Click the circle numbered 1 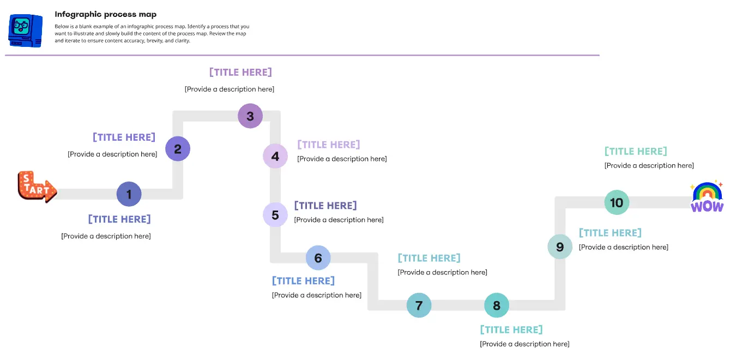[129, 194]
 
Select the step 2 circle [178, 148]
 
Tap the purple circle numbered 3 [250, 116]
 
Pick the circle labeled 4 [275, 157]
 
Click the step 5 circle [275, 215]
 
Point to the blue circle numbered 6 [318, 258]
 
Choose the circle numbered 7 [419, 305]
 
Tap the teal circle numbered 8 [497, 305]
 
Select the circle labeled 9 [560, 247]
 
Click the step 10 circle [617, 203]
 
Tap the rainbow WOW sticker [707, 197]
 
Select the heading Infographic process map [106, 14]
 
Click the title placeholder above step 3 [240, 72]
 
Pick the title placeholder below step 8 [511, 329]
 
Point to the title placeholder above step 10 [636, 151]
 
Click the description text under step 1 [106, 236]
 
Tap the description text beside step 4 [342, 159]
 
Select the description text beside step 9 [624, 247]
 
